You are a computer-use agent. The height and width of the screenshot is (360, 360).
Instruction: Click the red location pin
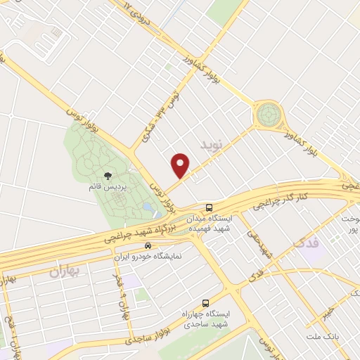181,166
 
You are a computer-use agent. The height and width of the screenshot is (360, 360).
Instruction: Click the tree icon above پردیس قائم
107,176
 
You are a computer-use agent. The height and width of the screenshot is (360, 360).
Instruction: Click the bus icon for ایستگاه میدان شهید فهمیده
210,207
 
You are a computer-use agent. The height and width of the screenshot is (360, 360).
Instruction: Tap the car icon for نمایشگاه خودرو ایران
147,245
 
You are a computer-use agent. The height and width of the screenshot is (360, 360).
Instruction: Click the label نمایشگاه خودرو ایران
148,257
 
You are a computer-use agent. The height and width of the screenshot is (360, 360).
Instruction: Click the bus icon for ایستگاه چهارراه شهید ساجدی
205,298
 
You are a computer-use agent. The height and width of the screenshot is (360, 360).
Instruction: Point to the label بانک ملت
323,337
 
